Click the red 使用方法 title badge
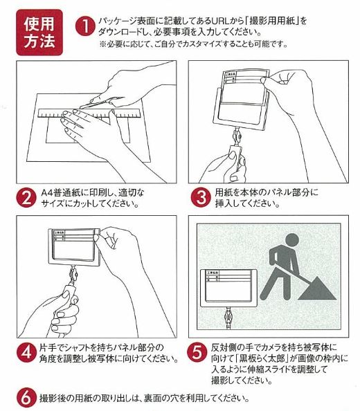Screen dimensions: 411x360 [39, 30]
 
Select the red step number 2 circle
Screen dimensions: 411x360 [26, 197]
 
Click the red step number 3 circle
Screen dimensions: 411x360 [199, 197]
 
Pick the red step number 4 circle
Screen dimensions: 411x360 [26, 351]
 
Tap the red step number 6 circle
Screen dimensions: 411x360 [24, 399]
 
